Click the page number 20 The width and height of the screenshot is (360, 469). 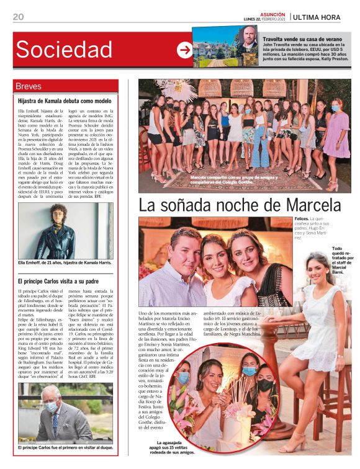point(18,17)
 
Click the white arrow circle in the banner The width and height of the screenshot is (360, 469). point(184,50)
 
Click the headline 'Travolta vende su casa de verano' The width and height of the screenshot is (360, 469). point(304,38)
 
